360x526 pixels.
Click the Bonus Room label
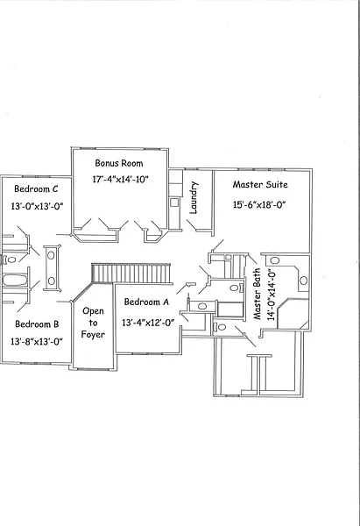(x=119, y=163)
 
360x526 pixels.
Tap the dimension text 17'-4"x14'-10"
(x=120, y=180)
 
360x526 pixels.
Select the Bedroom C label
(x=36, y=188)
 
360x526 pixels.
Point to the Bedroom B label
(x=37, y=324)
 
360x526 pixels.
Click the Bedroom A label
(x=146, y=302)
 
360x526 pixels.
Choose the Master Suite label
(x=260, y=184)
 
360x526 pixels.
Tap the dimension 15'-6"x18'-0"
(x=259, y=204)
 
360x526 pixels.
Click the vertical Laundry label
(x=194, y=198)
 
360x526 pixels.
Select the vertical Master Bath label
(x=258, y=294)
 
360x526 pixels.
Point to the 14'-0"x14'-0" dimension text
(x=272, y=295)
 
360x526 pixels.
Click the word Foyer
(x=93, y=335)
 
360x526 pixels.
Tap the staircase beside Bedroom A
(x=131, y=274)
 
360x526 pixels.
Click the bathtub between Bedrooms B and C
(x=15, y=281)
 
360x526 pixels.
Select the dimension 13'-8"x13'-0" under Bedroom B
(x=37, y=342)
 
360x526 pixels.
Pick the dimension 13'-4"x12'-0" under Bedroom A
(x=148, y=323)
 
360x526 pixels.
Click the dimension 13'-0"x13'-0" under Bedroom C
(x=37, y=206)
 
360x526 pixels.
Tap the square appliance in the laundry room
(x=173, y=203)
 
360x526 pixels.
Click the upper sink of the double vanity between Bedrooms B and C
(x=51, y=256)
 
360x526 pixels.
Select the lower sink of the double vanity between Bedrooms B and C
(x=52, y=281)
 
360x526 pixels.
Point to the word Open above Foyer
(x=93, y=311)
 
